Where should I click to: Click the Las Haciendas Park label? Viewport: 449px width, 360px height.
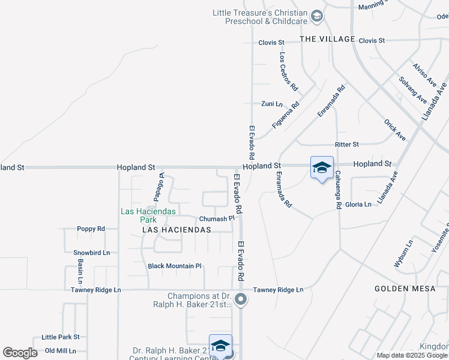point(148,215)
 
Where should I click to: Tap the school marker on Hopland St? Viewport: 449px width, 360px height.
point(322,168)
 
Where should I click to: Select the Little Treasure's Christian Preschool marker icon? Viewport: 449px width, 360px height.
point(318,16)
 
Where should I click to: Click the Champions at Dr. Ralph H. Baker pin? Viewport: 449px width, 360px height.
point(241,299)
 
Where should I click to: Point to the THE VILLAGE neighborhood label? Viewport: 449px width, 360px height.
point(327,40)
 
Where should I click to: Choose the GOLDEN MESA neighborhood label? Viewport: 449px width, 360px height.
point(405,289)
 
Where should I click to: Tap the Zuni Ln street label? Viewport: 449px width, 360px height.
point(271,104)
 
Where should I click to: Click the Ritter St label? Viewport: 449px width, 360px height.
point(347,145)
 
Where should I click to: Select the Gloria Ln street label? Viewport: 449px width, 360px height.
point(358,205)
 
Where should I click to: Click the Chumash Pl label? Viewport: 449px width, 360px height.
point(215,219)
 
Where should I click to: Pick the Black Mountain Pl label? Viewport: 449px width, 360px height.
point(175,266)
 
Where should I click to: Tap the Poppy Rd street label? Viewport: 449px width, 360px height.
point(91,229)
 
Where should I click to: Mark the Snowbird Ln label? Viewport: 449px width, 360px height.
point(91,253)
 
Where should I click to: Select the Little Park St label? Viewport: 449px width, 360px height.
point(61,337)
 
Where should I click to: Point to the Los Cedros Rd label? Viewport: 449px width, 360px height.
point(289,71)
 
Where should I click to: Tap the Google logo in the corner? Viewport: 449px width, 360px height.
point(20,353)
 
